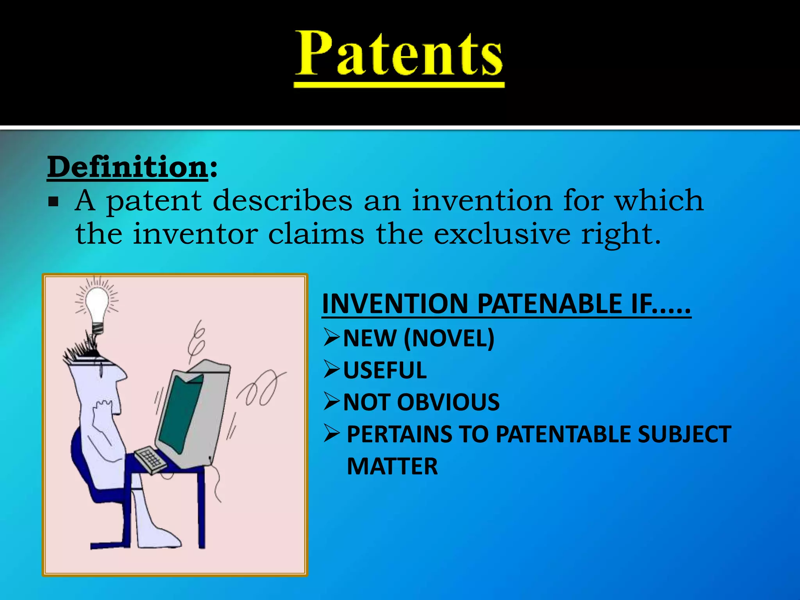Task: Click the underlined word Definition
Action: tap(128, 167)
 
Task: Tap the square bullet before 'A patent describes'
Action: tap(53, 202)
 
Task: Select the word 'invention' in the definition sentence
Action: tap(482, 200)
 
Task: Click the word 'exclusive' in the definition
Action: tap(502, 234)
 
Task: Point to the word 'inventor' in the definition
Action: tap(195, 234)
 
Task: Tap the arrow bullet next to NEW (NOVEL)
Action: tap(332, 337)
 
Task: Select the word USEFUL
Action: tap(385, 370)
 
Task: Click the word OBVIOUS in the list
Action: tap(448, 402)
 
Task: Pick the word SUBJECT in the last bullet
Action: tap(684, 434)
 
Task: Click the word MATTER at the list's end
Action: tap(392, 466)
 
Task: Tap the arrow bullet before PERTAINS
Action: tap(332, 434)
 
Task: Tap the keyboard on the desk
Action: tap(150, 459)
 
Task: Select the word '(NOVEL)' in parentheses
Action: tap(449, 338)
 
